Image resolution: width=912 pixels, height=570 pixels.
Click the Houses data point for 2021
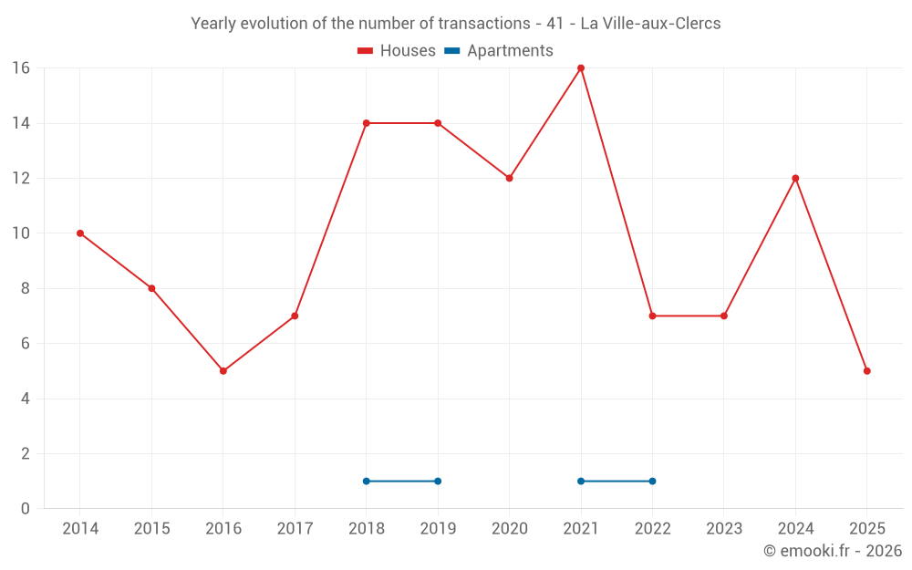click(581, 68)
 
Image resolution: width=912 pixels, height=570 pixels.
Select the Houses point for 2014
click(80, 233)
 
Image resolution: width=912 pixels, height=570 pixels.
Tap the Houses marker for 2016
click(223, 371)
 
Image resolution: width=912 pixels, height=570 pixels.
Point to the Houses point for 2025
click(867, 371)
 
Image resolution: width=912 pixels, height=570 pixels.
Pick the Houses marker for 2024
click(795, 179)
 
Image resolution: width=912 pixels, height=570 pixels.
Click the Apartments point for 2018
click(367, 482)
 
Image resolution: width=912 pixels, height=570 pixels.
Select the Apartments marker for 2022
click(652, 482)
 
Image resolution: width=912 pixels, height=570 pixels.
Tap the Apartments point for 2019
click(438, 482)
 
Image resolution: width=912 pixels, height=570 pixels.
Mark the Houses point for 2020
click(509, 179)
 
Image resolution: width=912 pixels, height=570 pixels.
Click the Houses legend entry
click(397, 51)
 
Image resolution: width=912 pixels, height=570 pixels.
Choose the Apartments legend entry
click(499, 51)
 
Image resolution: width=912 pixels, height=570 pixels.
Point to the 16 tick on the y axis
click(21, 68)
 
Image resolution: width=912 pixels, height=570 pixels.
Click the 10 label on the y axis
click(21, 233)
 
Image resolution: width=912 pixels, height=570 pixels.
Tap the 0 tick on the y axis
click(26, 509)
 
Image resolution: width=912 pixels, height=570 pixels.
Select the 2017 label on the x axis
click(295, 529)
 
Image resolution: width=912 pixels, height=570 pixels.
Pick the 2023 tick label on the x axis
click(724, 529)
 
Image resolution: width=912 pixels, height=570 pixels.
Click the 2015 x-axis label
click(151, 529)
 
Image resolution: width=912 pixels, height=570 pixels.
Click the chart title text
click(456, 24)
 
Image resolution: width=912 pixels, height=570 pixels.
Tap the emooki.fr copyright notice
click(833, 551)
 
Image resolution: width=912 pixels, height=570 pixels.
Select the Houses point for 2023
click(724, 316)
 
